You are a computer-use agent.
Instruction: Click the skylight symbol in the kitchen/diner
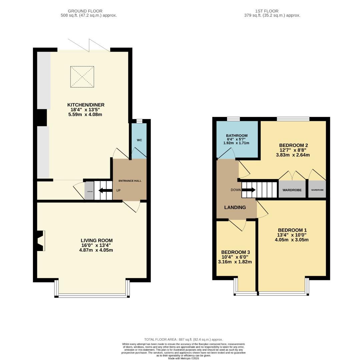[82, 77]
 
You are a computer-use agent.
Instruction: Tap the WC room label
[139, 140]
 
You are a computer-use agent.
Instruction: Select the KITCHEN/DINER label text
[86, 105]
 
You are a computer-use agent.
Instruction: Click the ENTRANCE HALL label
[130, 181]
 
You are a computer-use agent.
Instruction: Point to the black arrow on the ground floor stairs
[105, 190]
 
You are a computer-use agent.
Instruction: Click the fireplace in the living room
[41, 241]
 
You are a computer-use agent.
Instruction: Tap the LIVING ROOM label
[97, 240]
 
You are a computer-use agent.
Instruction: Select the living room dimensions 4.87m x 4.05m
[97, 250]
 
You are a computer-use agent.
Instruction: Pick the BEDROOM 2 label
[293, 145]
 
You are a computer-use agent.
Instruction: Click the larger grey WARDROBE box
[292, 190]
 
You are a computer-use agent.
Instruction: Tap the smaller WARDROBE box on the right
[317, 190]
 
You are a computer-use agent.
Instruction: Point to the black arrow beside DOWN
[249, 190]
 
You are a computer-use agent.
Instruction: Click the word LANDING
[235, 207]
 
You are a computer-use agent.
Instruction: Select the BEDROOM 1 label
[292, 230]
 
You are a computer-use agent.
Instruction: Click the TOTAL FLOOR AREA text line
[183, 339]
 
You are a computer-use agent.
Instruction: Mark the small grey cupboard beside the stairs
[89, 191]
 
